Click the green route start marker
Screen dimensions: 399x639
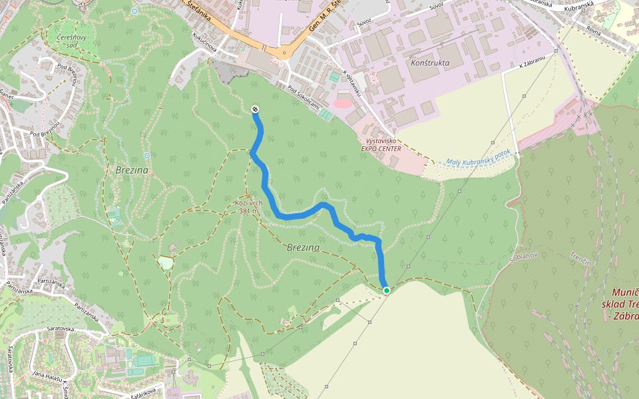386,290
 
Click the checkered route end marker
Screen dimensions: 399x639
255,109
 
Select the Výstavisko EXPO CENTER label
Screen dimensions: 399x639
381,145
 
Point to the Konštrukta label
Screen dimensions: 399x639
431,63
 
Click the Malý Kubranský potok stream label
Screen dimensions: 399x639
478,157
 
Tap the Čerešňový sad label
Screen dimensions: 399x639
71,41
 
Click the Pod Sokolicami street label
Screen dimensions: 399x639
305,98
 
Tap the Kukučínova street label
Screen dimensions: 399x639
206,40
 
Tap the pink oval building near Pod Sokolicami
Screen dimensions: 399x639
342,102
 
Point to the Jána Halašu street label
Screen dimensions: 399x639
47,376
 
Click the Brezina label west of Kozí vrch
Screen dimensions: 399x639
131,171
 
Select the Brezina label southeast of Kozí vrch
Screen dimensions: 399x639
303,247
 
